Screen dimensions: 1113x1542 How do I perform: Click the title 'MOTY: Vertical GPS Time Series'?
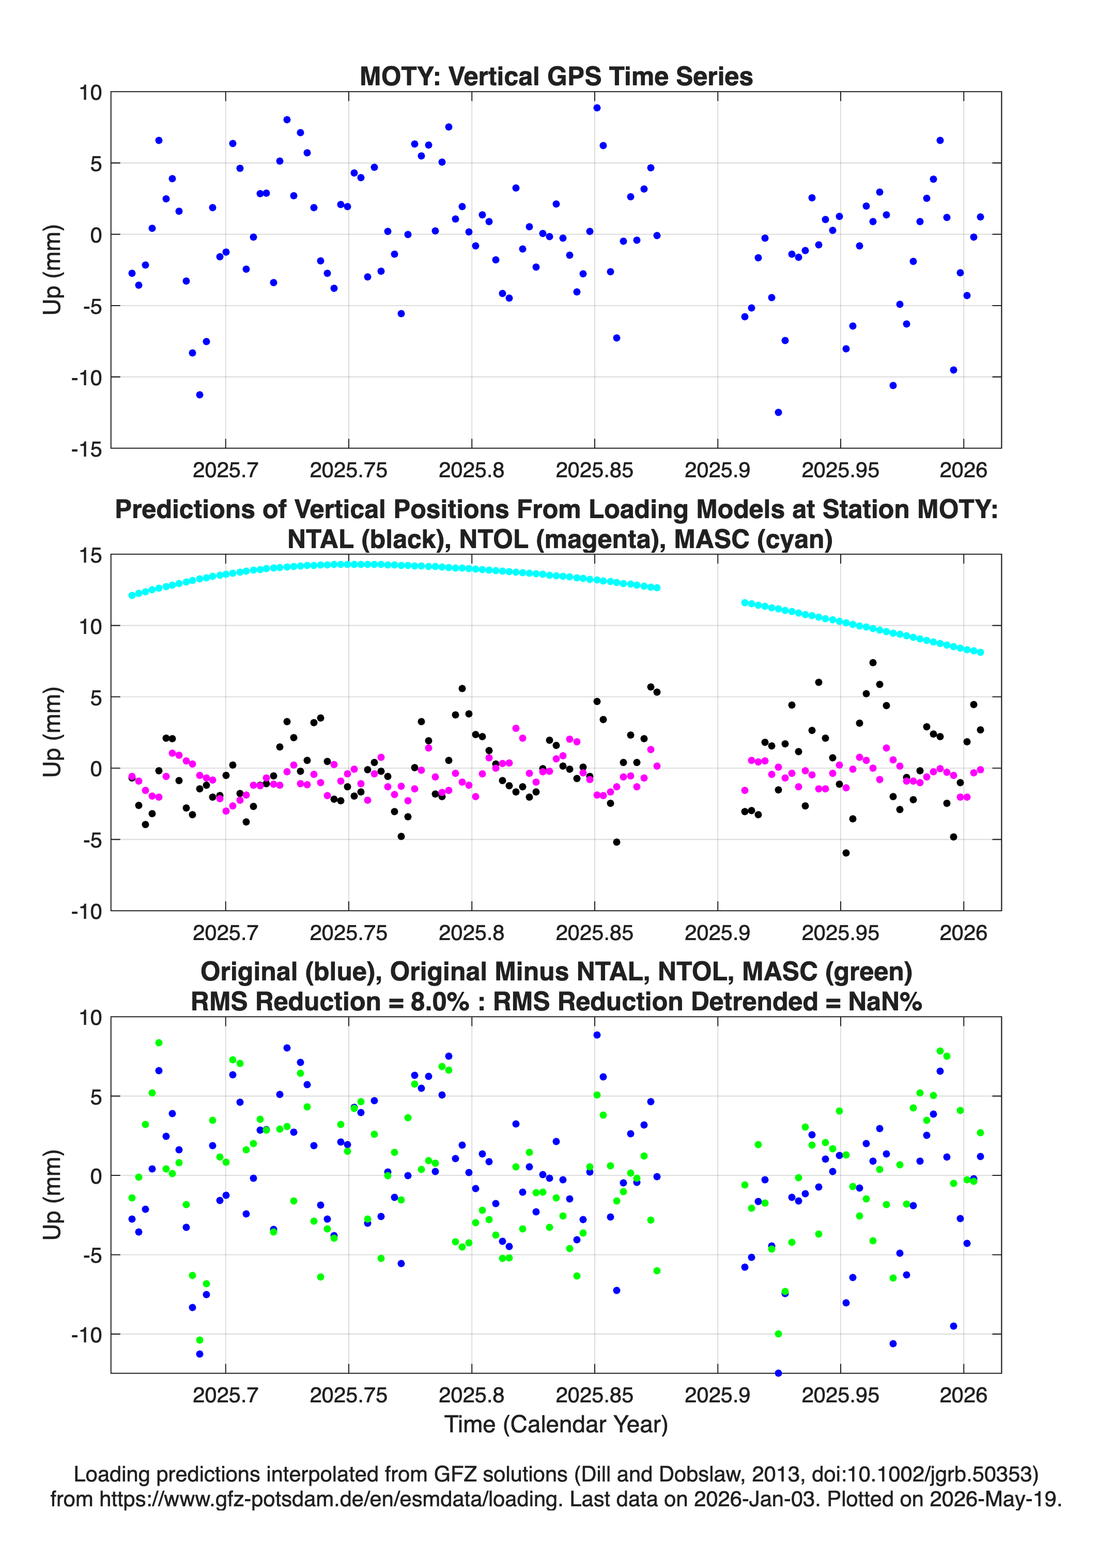coord(556,76)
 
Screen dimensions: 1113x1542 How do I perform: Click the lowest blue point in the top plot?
coord(778,412)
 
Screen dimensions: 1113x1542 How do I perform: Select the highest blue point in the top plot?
coord(597,108)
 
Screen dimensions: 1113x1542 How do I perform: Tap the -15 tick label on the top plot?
coord(86,449)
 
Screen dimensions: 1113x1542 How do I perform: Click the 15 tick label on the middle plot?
coord(90,555)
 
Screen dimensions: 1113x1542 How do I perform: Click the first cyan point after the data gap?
coord(745,602)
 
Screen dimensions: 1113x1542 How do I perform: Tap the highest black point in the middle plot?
coord(872,662)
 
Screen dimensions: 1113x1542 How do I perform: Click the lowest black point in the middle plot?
coord(846,853)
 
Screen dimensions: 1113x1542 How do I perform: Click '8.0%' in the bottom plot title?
coord(440,1002)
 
